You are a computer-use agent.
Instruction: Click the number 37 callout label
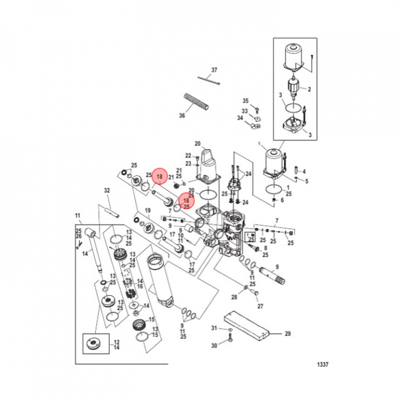click(x=214, y=70)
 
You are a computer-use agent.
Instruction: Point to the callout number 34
click(x=240, y=118)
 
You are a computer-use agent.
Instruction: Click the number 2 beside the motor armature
click(x=308, y=89)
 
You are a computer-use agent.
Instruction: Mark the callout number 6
click(x=282, y=200)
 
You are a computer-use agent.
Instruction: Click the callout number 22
click(x=188, y=155)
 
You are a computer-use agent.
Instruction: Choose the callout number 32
click(x=107, y=191)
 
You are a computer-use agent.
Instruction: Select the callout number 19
click(x=148, y=210)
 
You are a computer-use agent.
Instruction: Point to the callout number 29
click(x=287, y=334)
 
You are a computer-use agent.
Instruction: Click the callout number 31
click(x=214, y=328)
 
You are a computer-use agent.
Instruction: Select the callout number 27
click(x=260, y=307)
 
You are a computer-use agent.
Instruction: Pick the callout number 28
click(x=235, y=296)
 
